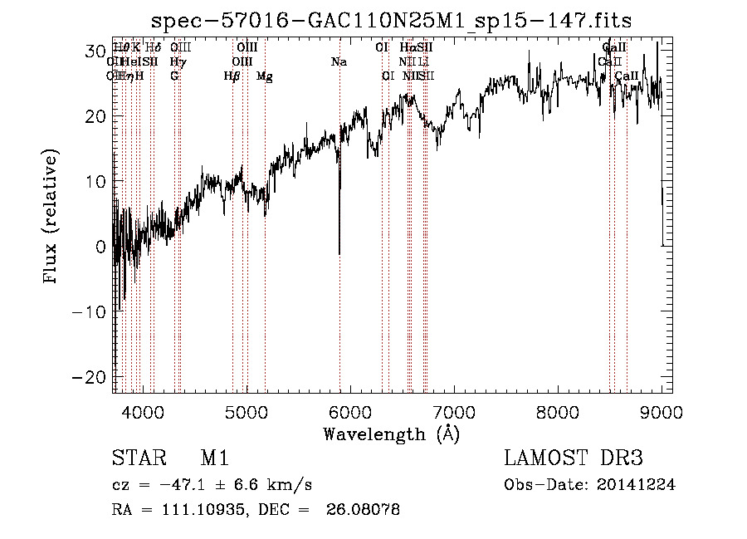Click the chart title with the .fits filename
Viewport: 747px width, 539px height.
pyautogui.click(x=396, y=20)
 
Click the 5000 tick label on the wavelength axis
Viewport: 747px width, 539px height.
pyautogui.click(x=246, y=412)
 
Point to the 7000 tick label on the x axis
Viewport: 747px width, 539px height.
pyautogui.click(x=453, y=412)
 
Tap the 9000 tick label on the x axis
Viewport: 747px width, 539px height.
pyautogui.click(x=662, y=412)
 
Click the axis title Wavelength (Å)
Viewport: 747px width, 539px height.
pyautogui.click(x=392, y=434)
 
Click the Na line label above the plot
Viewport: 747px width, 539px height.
pyautogui.click(x=339, y=61)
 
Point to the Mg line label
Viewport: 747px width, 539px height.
pyautogui.click(x=264, y=76)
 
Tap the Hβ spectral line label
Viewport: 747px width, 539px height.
pyautogui.click(x=232, y=76)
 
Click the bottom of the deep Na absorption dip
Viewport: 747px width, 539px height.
pyautogui.click(x=339, y=253)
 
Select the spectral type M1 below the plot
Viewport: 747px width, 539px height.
pyautogui.click(x=214, y=459)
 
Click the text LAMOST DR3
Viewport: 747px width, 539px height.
pyautogui.click(x=574, y=459)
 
